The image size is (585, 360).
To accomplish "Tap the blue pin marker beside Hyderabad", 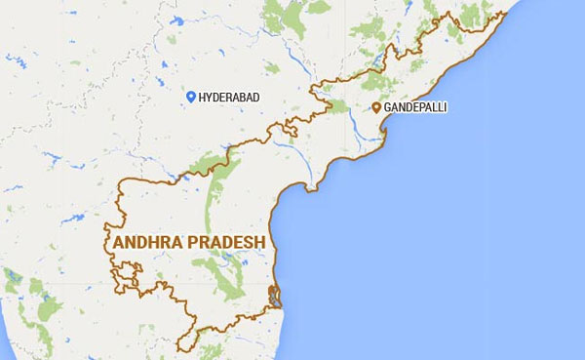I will [191, 98].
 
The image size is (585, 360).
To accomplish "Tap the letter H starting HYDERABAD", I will [202, 98].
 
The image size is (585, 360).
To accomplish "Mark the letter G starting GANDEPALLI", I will [387, 108].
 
